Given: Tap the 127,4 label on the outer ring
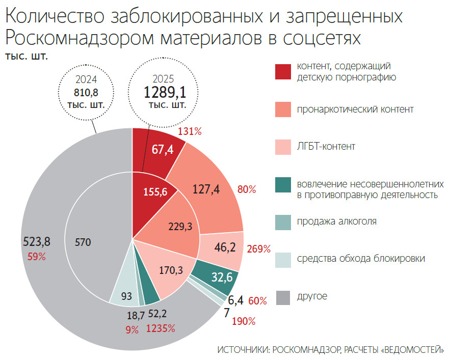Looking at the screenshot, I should pos(206,189).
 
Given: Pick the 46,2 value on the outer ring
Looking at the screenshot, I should pos(225,248).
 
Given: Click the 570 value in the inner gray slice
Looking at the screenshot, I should pos(83,242).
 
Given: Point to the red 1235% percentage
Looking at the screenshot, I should pos(161,328).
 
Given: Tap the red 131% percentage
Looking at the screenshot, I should pos(190,131).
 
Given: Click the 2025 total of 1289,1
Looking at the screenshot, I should pos(163,93).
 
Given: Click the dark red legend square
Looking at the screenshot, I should pos(283,72).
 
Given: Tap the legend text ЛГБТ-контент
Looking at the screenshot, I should pos(326,147).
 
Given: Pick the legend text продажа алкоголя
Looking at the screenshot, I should pos(337,221).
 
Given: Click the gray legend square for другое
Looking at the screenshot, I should pos(283,296).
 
